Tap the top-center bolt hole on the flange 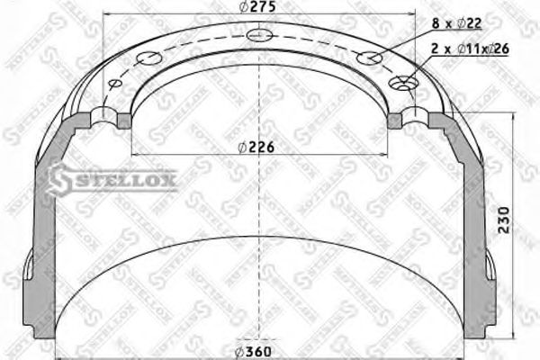pos(260,36)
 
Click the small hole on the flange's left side pos(114,84)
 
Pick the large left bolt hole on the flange pos(147,59)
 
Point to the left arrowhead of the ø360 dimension pos(59,351)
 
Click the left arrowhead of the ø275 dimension pos(108,16)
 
